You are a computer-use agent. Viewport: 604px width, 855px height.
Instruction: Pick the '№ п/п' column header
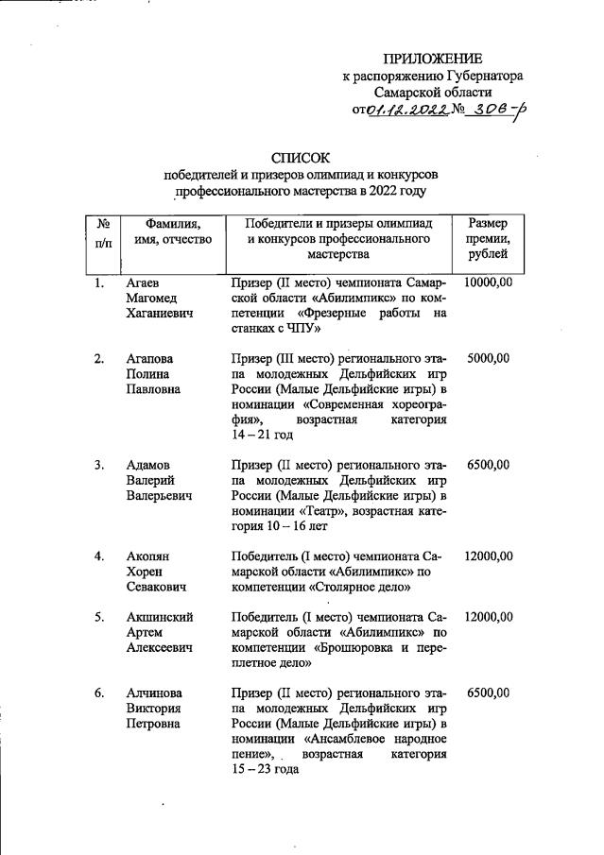pyautogui.click(x=104, y=232)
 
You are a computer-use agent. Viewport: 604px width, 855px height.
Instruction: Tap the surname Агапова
pyautogui.click(x=151, y=359)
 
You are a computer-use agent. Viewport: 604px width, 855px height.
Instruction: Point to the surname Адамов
pyautogui.click(x=149, y=465)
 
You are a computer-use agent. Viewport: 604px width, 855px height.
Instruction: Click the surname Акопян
pyautogui.click(x=149, y=556)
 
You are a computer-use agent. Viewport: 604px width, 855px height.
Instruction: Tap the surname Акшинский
pyautogui.click(x=160, y=617)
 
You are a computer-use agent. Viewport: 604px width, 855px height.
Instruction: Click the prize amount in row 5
pyautogui.click(x=488, y=617)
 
